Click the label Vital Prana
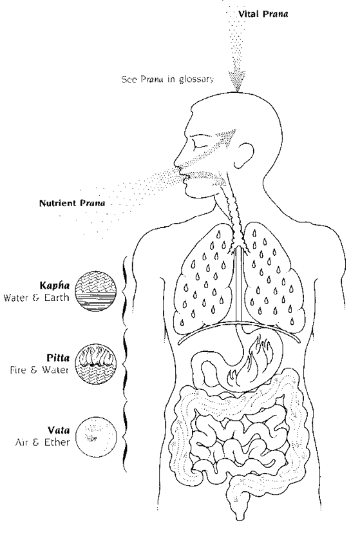[263, 14]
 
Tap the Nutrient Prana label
[72, 203]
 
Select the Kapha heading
[54, 285]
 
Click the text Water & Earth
[36, 297]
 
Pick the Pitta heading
[58, 358]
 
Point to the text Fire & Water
[39, 370]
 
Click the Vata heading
[59, 430]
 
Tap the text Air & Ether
[42, 442]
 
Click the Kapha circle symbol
[96, 291]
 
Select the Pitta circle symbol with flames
[96, 363]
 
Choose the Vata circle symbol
[96, 436]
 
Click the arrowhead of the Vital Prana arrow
[237, 81]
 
